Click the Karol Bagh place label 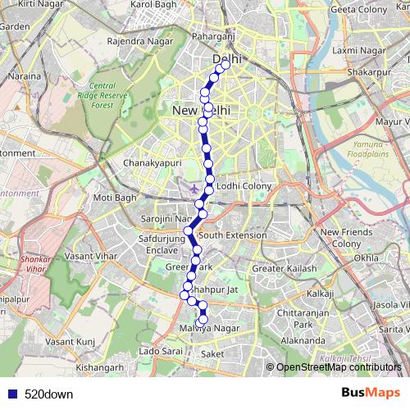click(154, 4)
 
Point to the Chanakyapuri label click(150, 163)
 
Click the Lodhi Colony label click(244, 186)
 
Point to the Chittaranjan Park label click(303, 317)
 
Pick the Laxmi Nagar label click(353, 50)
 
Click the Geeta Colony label click(358, 9)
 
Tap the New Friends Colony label click(340, 238)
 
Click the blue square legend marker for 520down click(11, 394)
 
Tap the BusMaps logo click(371, 393)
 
